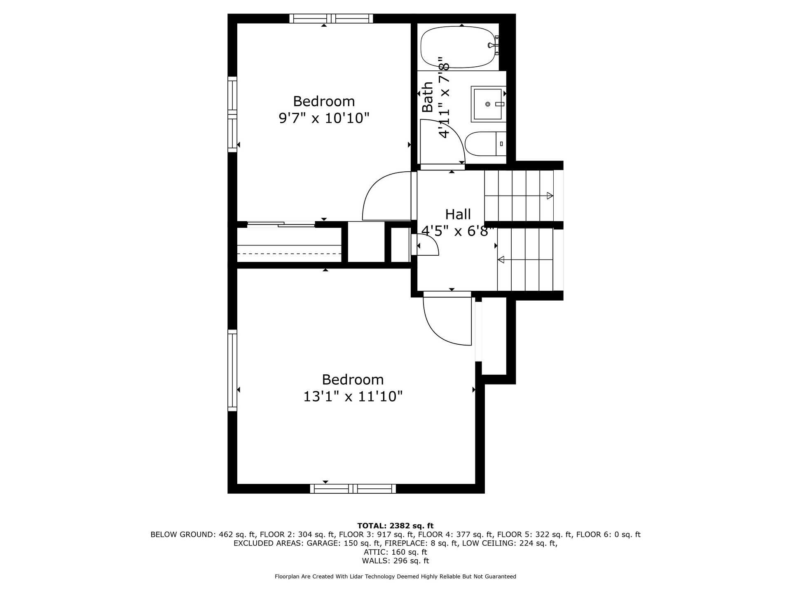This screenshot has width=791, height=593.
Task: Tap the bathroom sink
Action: [x=488, y=104]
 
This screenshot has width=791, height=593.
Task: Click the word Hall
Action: [x=458, y=215]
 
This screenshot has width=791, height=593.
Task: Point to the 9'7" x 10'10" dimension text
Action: [x=324, y=119]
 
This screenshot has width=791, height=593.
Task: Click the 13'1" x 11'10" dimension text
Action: [x=353, y=397]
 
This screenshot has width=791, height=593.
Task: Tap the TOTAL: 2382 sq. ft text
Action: [x=395, y=526]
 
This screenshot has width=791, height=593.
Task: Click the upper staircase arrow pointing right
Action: [x=519, y=196]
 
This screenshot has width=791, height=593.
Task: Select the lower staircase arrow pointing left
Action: [x=525, y=260]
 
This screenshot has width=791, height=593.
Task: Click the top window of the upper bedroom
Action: [x=331, y=19]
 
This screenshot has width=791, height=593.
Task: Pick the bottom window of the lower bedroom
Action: [x=353, y=489]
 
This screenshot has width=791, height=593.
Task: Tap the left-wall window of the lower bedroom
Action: [x=232, y=370]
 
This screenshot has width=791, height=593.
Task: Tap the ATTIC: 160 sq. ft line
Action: [x=395, y=552]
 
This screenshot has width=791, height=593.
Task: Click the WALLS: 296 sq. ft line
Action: [x=395, y=561]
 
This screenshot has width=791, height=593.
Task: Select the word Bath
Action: [x=428, y=97]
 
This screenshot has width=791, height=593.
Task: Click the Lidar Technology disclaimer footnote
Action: [x=395, y=577]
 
